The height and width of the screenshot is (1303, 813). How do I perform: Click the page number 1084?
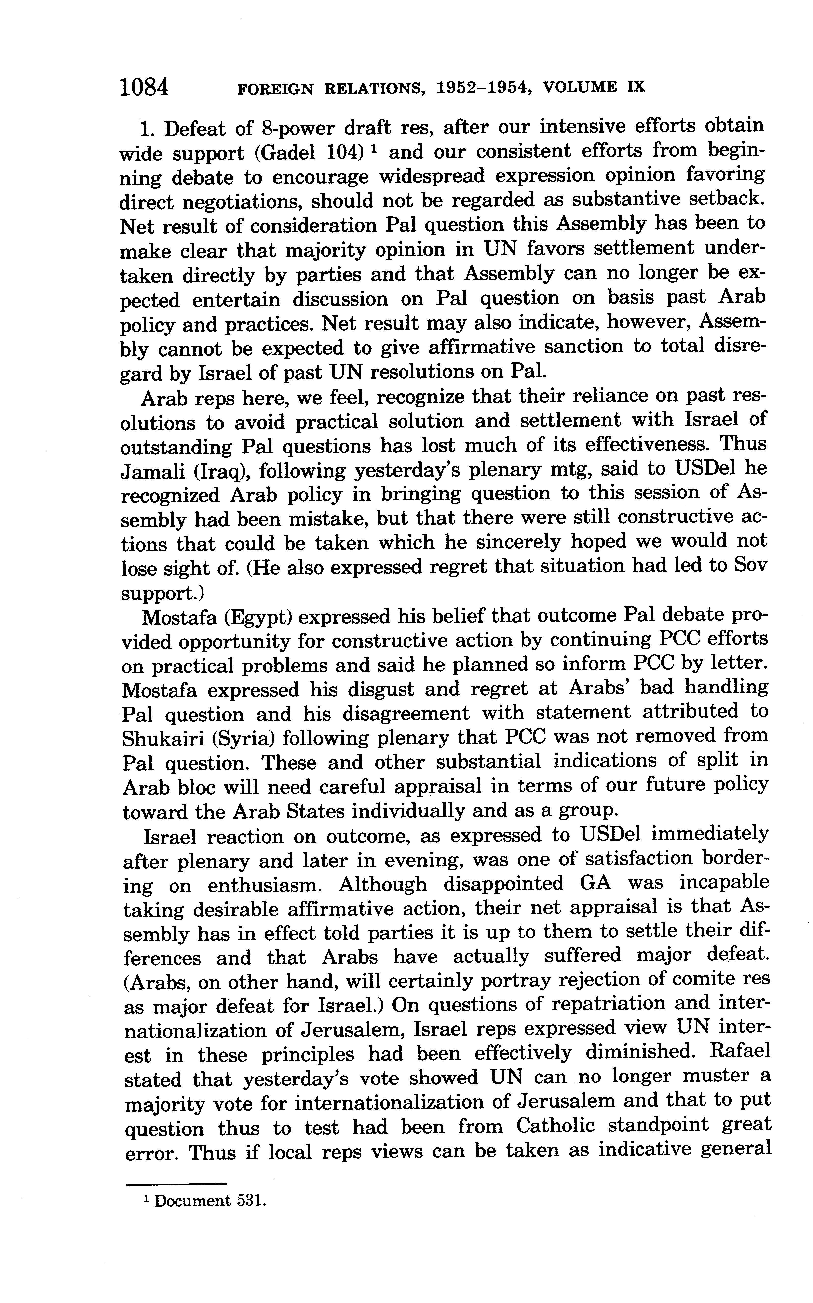[x=144, y=87]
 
